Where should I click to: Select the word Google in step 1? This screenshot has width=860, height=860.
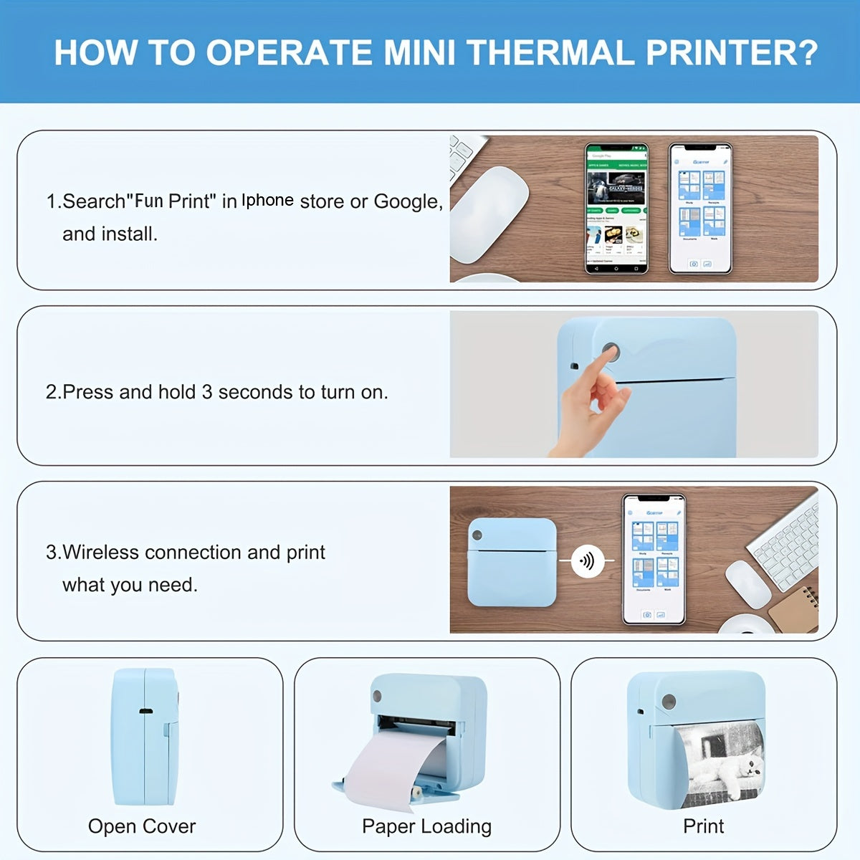(406, 201)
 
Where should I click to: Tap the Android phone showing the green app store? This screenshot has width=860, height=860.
(616, 208)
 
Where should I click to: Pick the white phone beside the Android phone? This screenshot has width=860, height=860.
(700, 208)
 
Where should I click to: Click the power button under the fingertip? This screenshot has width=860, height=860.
(611, 351)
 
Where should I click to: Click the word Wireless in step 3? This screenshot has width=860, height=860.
(100, 553)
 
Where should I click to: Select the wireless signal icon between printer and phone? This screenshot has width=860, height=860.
(586, 560)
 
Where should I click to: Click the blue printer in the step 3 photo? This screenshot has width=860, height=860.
(512, 563)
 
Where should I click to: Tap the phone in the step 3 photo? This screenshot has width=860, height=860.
(653, 559)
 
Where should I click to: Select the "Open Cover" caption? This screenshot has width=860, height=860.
(142, 826)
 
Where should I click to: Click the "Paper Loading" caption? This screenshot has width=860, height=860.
(426, 826)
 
